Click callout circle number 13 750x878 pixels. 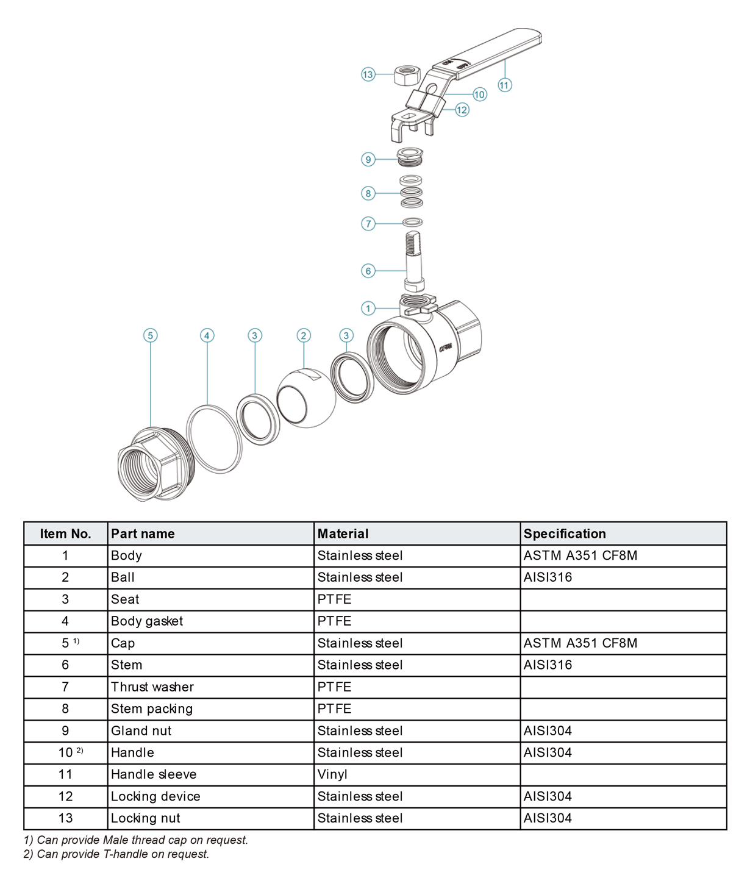(368, 74)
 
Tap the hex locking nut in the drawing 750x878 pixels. (407, 75)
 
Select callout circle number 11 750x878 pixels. (504, 85)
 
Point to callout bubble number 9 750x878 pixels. (368, 160)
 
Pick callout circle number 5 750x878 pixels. (150, 335)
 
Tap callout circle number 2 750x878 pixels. (304, 335)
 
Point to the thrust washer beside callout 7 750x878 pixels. (413, 222)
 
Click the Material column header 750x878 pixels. (343, 534)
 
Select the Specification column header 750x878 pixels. (565, 534)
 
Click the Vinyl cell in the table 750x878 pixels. (332, 774)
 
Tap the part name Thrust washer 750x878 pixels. (152, 687)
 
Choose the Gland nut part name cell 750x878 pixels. (141, 730)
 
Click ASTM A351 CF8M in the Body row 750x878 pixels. (580, 555)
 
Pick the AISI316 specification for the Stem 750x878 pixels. (548, 665)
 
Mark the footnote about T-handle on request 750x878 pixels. (116, 854)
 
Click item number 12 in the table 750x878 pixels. (65, 796)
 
